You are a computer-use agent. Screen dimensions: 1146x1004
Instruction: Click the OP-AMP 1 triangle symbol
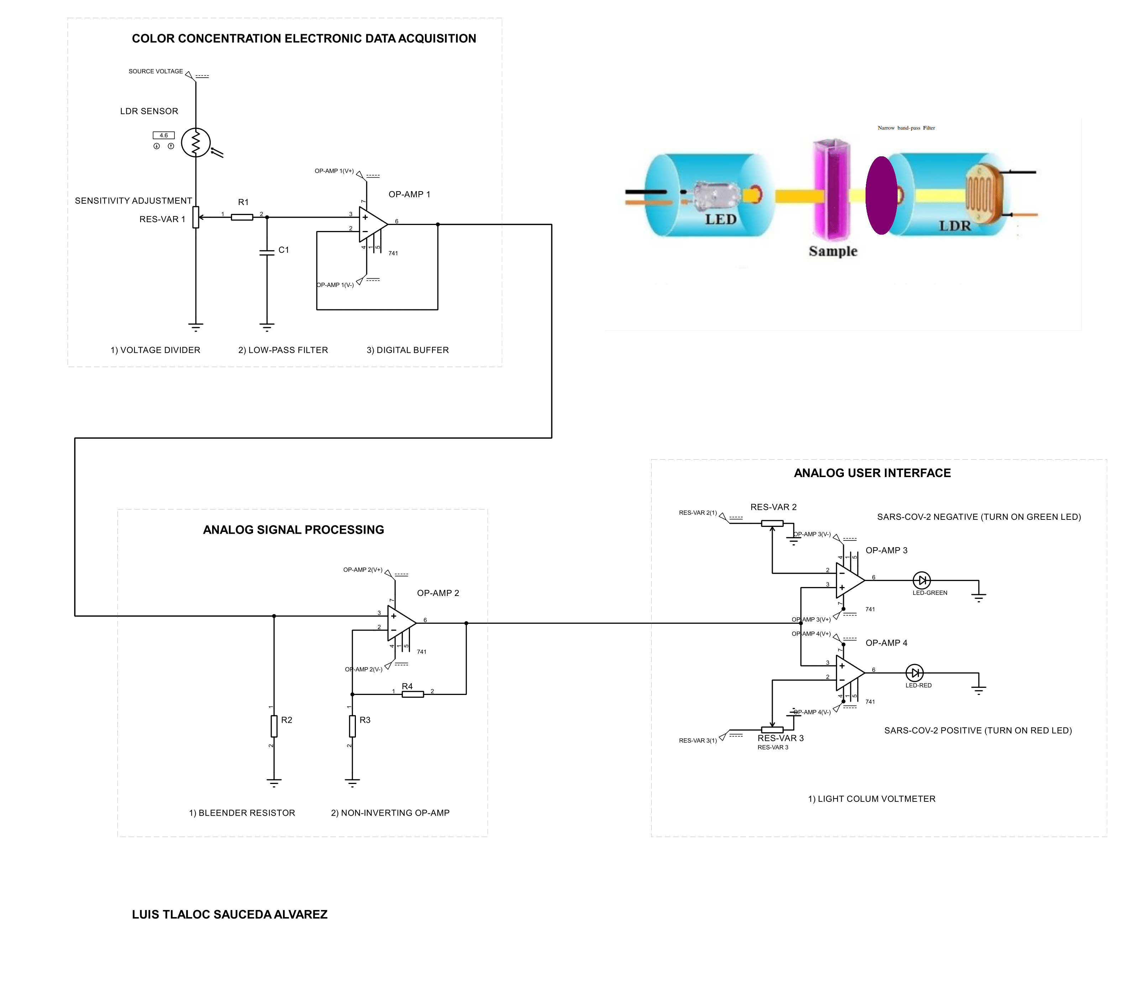click(x=373, y=224)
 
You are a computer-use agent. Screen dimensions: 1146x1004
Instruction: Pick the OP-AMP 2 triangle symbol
click(x=401, y=622)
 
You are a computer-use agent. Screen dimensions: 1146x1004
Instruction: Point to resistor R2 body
click(x=274, y=726)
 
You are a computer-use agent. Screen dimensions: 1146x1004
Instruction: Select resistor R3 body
click(x=352, y=726)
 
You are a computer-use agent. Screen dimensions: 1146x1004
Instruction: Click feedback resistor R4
click(x=413, y=694)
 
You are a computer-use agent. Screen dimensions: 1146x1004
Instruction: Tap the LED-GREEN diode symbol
click(x=921, y=580)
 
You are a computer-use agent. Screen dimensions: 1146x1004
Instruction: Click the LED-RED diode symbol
click(x=914, y=673)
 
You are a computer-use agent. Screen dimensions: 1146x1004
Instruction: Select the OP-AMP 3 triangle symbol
click(x=850, y=580)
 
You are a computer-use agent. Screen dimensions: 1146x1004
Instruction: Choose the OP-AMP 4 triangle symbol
click(x=850, y=673)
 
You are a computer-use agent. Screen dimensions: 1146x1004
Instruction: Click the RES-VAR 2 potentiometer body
click(x=772, y=523)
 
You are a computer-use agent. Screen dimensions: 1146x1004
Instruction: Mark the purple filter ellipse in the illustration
click(x=882, y=195)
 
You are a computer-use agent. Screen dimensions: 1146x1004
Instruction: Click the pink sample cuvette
click(x=832, y=189)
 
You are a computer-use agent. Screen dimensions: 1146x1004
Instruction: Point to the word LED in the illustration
click(x=720, y=219)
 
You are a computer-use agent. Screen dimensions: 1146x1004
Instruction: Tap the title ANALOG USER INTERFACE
click(x=872, y=473)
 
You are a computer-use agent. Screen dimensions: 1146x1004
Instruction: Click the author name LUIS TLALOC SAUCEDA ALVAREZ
click(x=230, y=914)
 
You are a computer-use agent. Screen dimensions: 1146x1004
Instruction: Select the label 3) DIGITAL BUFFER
click(x=408, y=350)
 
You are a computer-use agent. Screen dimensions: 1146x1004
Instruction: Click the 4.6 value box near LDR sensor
click(x=164, y=135)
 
